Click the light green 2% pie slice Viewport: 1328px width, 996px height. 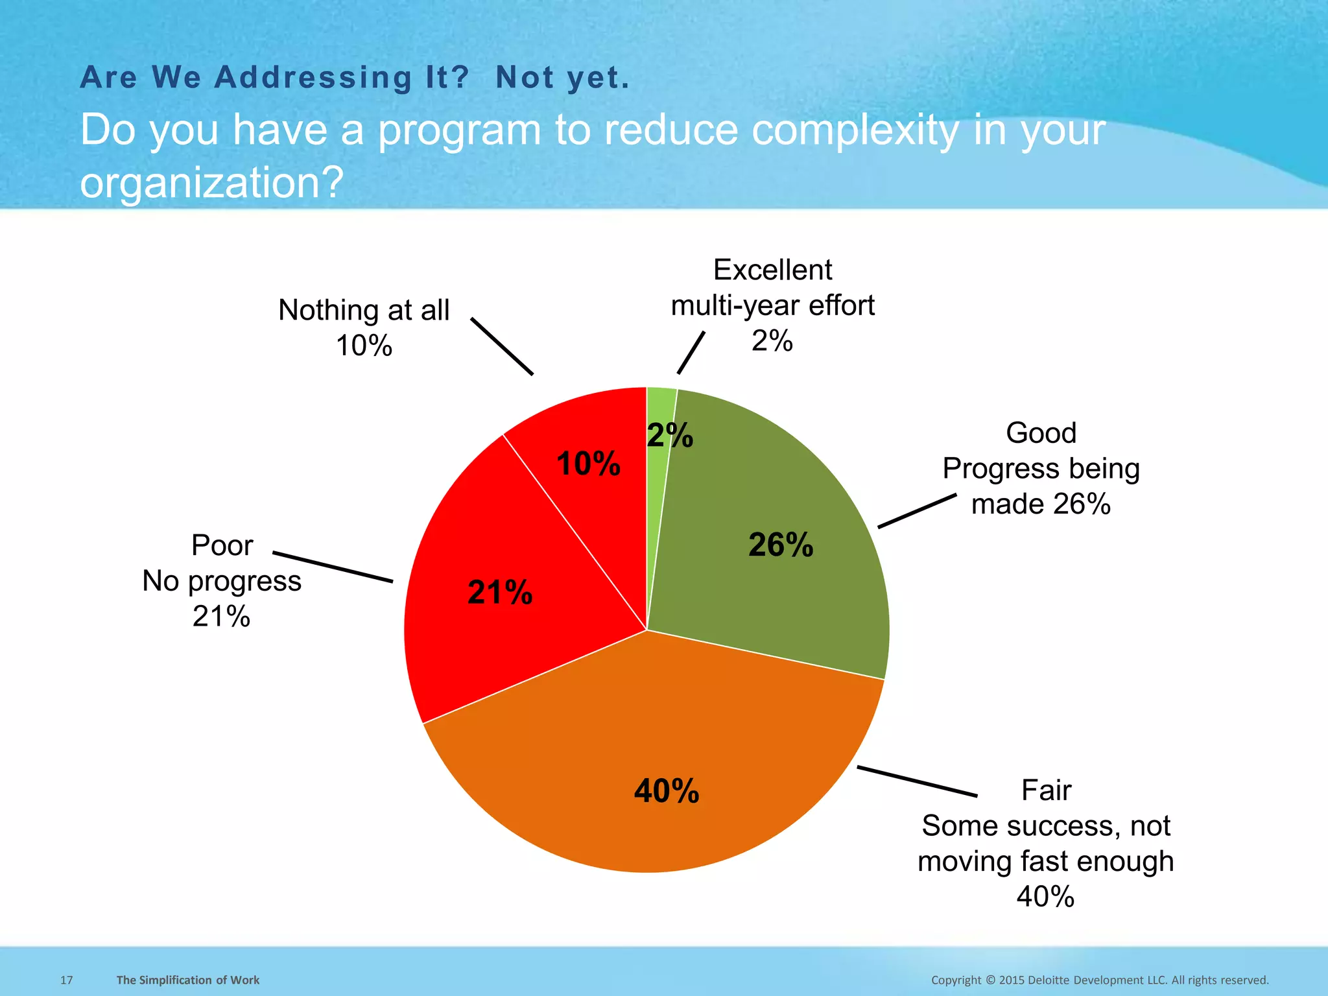660,405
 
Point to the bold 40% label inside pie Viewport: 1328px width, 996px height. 667,791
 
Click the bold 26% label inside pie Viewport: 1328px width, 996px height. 781,545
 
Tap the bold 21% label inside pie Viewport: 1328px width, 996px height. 500,593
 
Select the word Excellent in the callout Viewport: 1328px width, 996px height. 772,270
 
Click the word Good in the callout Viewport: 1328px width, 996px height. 1041,433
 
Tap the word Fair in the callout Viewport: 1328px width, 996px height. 1046,790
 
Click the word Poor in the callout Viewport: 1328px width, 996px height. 222,545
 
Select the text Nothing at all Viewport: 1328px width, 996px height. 364,310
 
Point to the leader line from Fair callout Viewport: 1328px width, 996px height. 917,781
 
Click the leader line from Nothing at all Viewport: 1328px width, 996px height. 502,346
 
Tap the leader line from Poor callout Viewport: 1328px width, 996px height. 333,567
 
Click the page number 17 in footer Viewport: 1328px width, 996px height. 67,980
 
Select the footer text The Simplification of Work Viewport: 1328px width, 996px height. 187,980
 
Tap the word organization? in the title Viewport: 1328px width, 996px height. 211,182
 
